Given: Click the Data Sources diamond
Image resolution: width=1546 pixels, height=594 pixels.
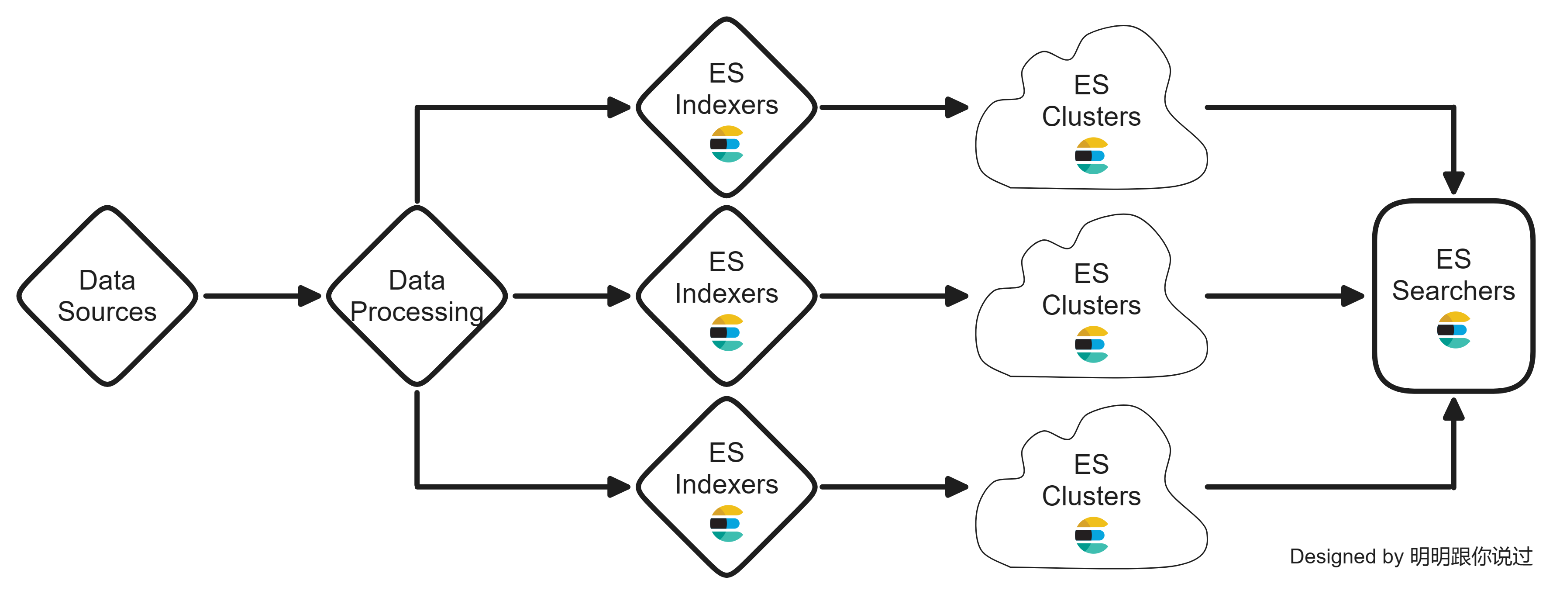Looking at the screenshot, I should click(107, 296).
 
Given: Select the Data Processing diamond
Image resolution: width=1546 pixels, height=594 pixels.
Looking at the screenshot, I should click(417, 296).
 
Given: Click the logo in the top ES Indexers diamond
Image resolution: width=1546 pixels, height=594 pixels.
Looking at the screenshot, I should click(727, 144).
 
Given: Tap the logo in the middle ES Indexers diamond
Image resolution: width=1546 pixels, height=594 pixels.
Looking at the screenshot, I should click(727, 333).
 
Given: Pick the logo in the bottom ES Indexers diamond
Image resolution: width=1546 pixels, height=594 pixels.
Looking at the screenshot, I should click(727, 523).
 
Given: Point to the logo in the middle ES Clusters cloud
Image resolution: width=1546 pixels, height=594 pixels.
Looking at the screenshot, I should click(1091, 345).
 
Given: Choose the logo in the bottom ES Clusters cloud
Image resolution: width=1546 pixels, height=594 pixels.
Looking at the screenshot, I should click(1091, 535).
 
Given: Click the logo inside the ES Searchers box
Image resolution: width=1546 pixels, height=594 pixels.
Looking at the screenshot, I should click(1453, 330).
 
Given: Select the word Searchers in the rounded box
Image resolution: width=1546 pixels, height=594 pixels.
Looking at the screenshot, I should click(1453, 291).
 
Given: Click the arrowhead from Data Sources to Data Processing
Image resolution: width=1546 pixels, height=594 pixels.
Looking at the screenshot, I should click(310, 296).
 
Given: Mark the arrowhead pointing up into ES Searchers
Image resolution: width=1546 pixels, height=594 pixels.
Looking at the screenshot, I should click(1453, 410).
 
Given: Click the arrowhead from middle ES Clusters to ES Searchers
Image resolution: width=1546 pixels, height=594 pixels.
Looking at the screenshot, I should click(1352, 296).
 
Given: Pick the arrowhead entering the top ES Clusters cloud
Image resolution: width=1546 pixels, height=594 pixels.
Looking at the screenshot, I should click(956, 107).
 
